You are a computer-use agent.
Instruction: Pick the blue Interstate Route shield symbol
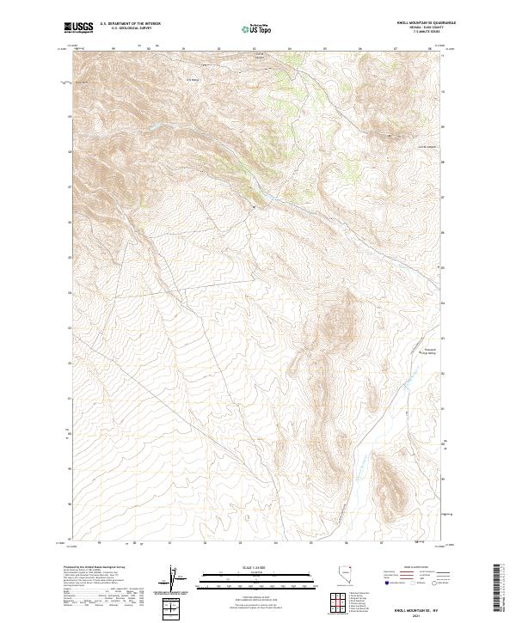[x=384, y=583]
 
